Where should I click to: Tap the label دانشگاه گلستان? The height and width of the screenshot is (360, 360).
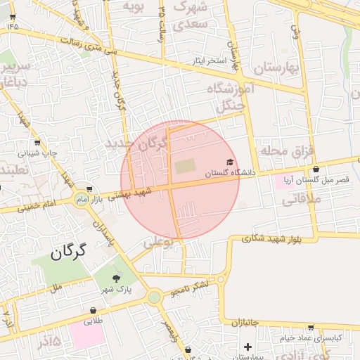pyautogui.click(x=228, y=173)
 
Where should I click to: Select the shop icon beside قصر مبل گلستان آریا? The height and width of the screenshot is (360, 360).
pyautogui.click(x=316, y=169)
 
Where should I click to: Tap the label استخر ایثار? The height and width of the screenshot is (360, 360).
pyautogui.click(x=211, y=61)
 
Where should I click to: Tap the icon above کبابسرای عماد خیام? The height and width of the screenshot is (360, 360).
pyautogui.click(x=311, y=328)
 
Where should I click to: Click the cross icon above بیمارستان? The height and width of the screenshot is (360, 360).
pyautogui.click(x=247, y=347)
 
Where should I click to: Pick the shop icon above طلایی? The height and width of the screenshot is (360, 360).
pyautogui.click(x=93, y=310)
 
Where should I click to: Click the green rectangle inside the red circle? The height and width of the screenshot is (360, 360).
pyautogui.click(x=186, y=167)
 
